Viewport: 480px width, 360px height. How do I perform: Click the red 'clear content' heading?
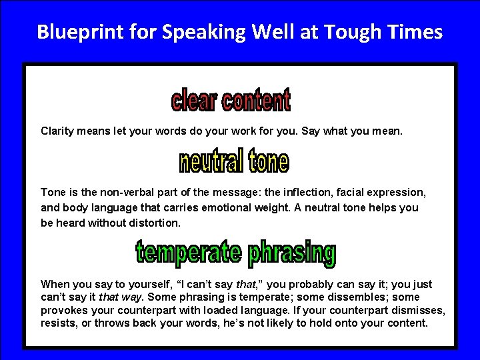[231, 101]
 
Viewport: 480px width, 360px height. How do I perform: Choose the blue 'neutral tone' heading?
[234, 161]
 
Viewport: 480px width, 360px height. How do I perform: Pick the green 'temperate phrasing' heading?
[235, 253]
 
